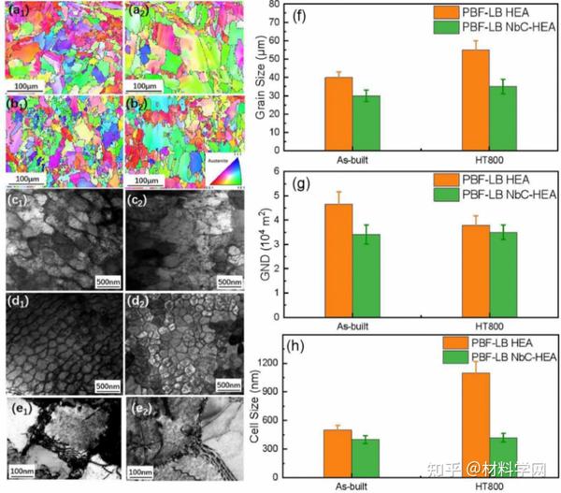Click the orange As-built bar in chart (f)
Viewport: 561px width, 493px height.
338,113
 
